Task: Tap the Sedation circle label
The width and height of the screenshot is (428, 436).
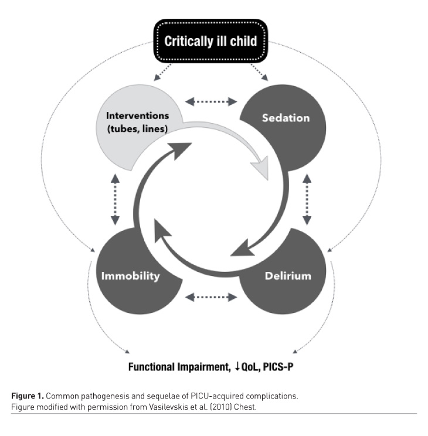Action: [285, 118]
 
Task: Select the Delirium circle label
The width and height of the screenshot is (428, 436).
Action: [287, 275]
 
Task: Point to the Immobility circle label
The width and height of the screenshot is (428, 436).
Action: [130, 275]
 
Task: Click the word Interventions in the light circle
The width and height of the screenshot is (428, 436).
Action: [138, 115]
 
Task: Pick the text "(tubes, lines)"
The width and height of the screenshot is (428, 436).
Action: [138, 129]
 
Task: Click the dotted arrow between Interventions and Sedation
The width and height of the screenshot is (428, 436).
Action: [211, 102]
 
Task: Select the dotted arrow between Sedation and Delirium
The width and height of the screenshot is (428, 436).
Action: [306, 200]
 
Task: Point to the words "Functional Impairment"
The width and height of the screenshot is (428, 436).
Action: [175, 367]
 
